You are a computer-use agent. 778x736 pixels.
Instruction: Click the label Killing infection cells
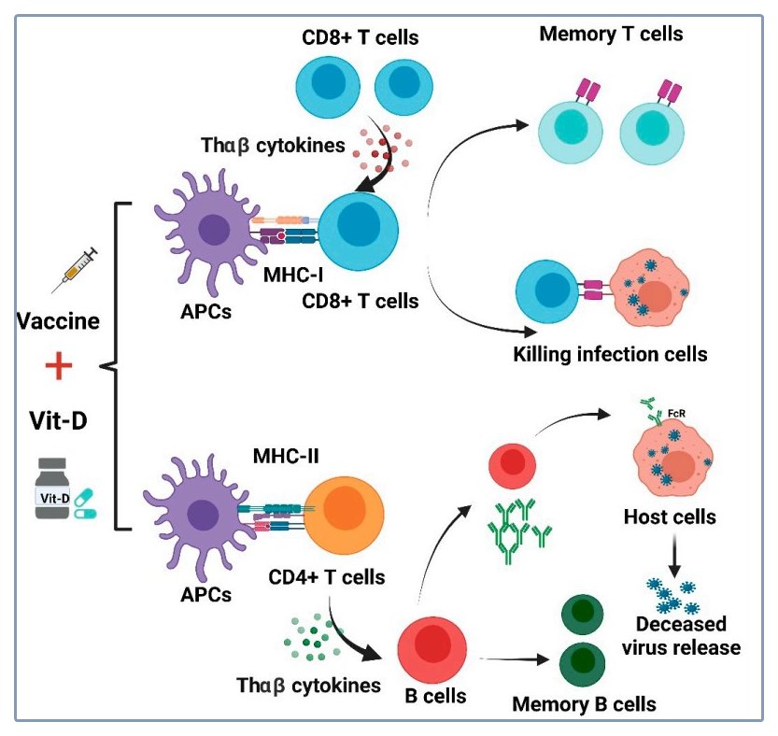click(610, 354)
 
